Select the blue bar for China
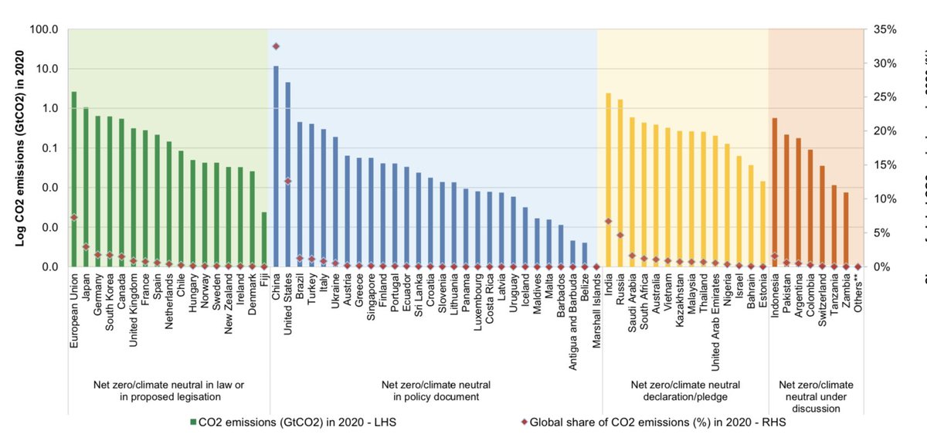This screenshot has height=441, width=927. point(276,166)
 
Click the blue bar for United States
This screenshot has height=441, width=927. point(288,175)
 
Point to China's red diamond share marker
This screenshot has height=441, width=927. point(276,46)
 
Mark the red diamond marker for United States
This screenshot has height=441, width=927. point(288,181)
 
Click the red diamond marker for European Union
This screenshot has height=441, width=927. point(73,218)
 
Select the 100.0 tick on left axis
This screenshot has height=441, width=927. point(43,29)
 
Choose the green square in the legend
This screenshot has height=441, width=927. point(192,423)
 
